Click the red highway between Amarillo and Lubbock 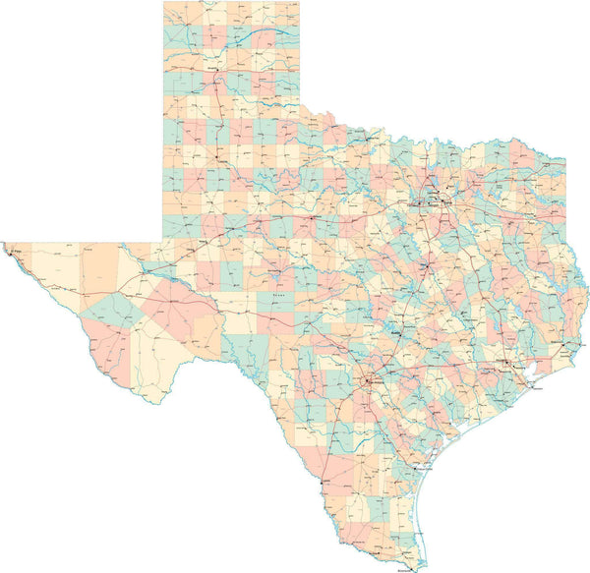[x=213, y=118]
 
